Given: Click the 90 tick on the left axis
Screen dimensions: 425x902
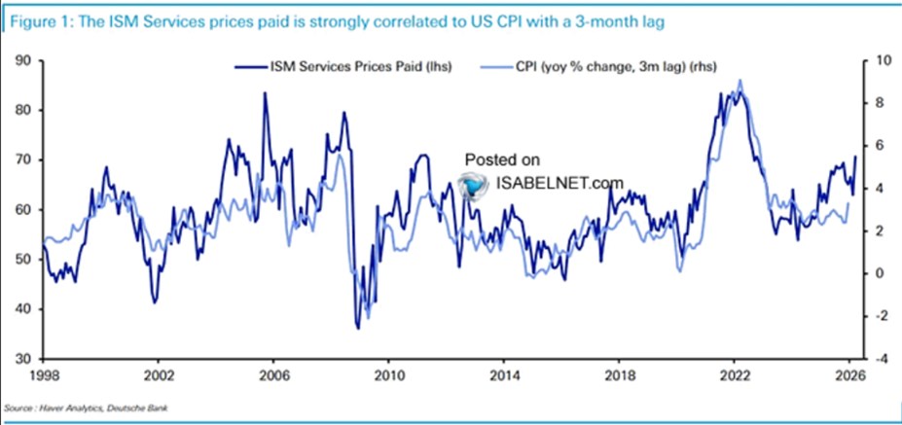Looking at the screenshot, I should pos(23,60).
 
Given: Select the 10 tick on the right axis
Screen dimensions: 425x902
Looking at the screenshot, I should pos(880,60).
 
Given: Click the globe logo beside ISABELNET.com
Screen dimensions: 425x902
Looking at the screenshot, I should pos(474,183).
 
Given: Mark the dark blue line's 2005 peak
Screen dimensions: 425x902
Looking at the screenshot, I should pos(265,93).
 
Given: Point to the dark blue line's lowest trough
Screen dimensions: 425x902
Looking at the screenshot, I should pos(357,328).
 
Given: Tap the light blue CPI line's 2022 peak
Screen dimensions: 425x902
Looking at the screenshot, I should pos(741,82).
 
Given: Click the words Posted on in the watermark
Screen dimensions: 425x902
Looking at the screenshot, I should pos(501,159).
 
